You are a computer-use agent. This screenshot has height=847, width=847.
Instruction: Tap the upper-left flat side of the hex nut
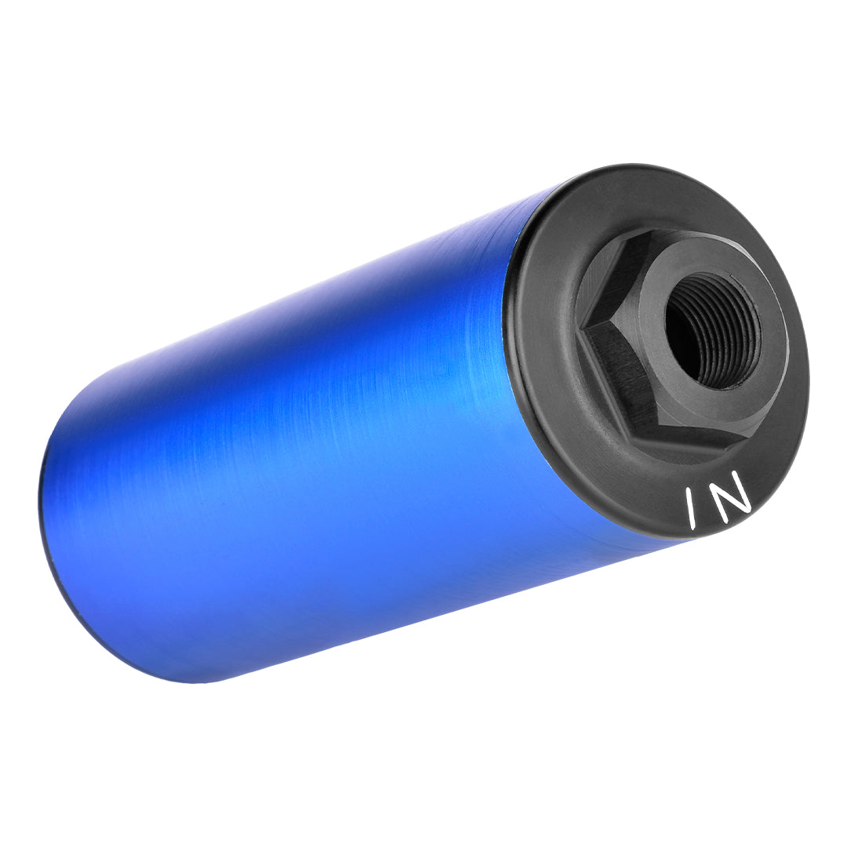coord(600,281)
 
